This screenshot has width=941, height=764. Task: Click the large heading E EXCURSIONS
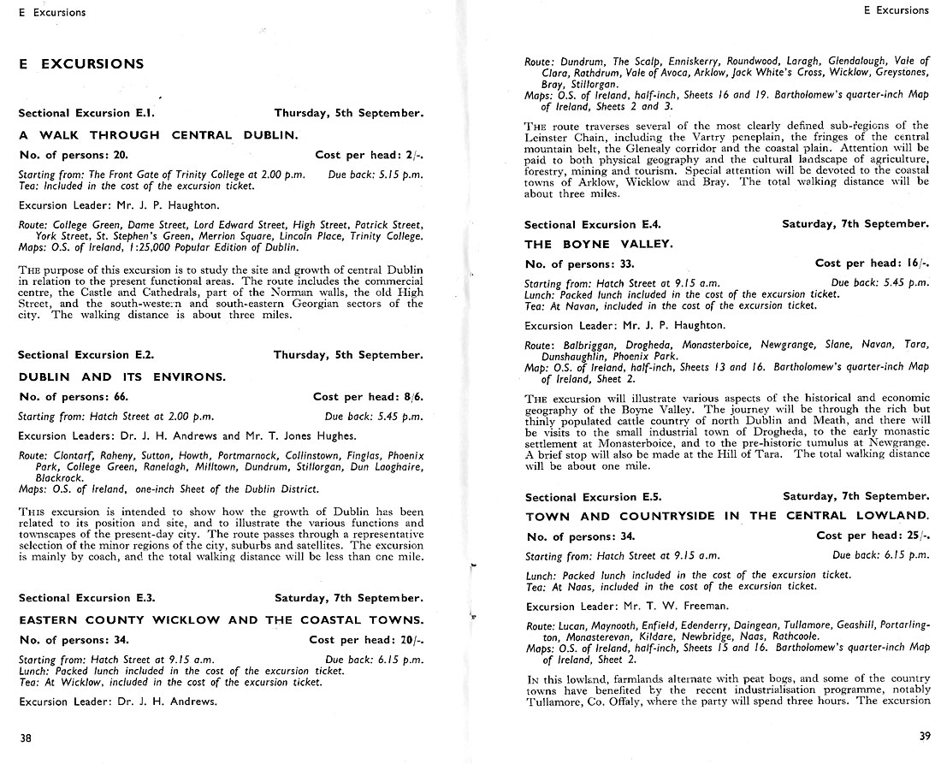point(81,64)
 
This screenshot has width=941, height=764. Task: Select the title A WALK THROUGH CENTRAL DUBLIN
point(158,135)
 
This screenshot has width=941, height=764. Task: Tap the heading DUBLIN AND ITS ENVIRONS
point(121,376)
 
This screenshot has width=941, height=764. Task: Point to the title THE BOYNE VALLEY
point(599,244)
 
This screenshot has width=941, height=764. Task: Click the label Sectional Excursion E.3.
point(86,598)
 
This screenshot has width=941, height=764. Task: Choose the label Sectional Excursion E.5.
point(593,497)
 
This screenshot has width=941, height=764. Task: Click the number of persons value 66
point(119,397)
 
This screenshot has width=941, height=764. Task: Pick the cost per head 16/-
point(913,264)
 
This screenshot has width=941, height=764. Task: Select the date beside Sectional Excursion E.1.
point(348,114)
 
